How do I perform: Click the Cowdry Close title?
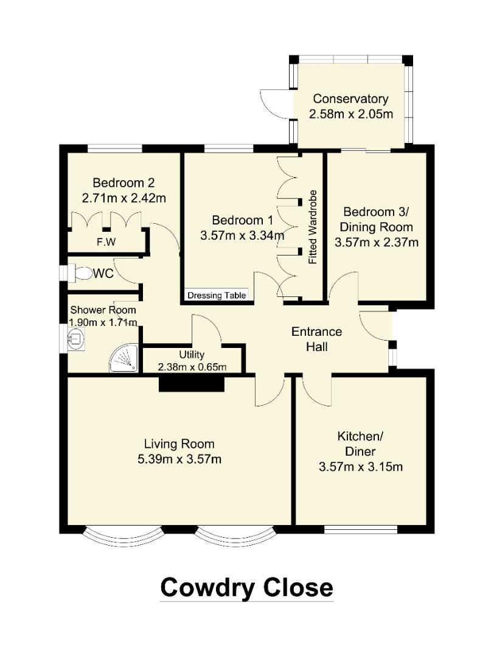(x=246, y=588)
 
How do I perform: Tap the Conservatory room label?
(x=350, y=99)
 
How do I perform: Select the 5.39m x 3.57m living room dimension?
(x=179, y=459)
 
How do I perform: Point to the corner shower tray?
(x=123, y=359)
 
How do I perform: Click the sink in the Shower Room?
(x=77, y=338)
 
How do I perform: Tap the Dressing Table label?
(x=217, y=296)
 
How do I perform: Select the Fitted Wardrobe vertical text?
(x=313, y=227)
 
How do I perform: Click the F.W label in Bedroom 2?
(x=106, y=243)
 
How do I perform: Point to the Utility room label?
(x=192, y=355)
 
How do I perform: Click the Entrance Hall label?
(x=317, y=339)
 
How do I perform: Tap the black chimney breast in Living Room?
(x=192, y=384)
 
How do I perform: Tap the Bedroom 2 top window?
(x=115, y=148)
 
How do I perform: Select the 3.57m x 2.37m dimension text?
(x=377, y=242)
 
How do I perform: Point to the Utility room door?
(x=207, y=332)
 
